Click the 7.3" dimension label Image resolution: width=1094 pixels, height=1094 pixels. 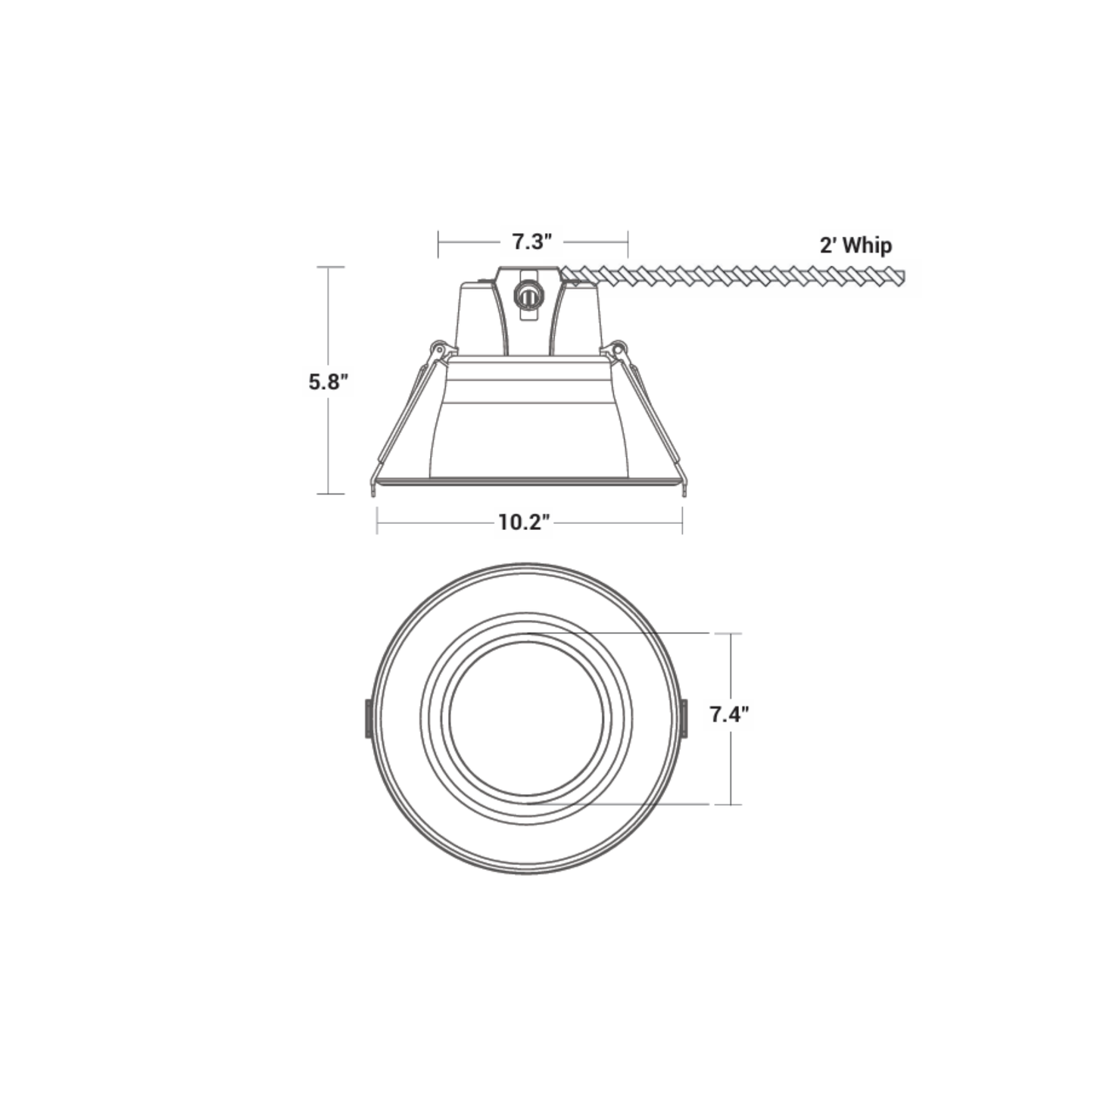point(532,242)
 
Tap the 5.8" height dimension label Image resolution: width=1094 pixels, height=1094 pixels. point(328,382)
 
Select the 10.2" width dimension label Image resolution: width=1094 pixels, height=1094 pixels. point(524,522)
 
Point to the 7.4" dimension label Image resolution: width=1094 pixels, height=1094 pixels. point(730,714)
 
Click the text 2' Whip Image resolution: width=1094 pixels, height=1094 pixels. point(856,245)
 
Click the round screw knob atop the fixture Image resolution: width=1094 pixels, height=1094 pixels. point(528,295)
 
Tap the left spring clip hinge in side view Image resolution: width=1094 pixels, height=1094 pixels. point(438,348)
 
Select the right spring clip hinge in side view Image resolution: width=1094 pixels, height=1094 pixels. point(619,348)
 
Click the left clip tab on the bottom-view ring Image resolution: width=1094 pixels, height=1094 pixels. point(369,718)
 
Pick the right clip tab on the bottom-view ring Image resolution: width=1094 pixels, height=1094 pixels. point(684,718)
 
